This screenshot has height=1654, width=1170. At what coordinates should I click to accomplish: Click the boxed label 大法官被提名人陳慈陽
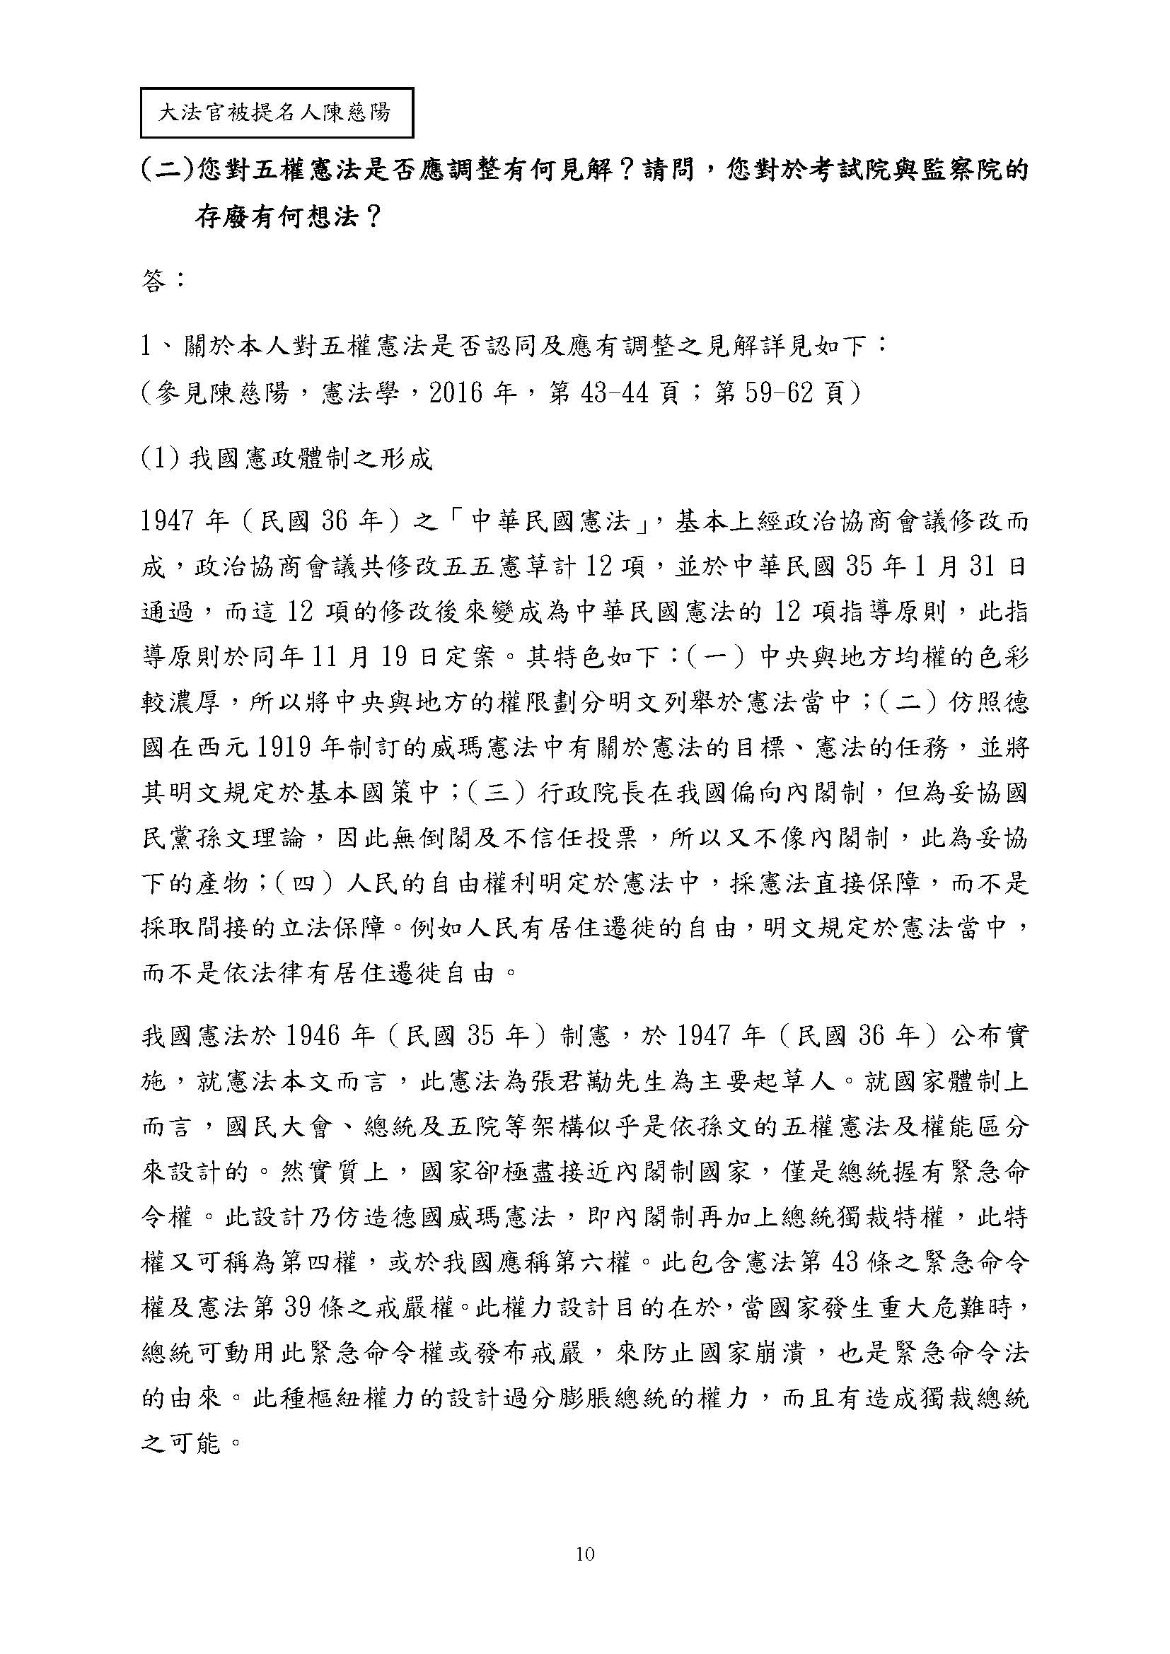tap(276, 113)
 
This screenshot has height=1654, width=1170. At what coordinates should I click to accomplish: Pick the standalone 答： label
tap(164, 281)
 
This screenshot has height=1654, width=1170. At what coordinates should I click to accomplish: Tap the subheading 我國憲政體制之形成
tap(311, 459)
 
